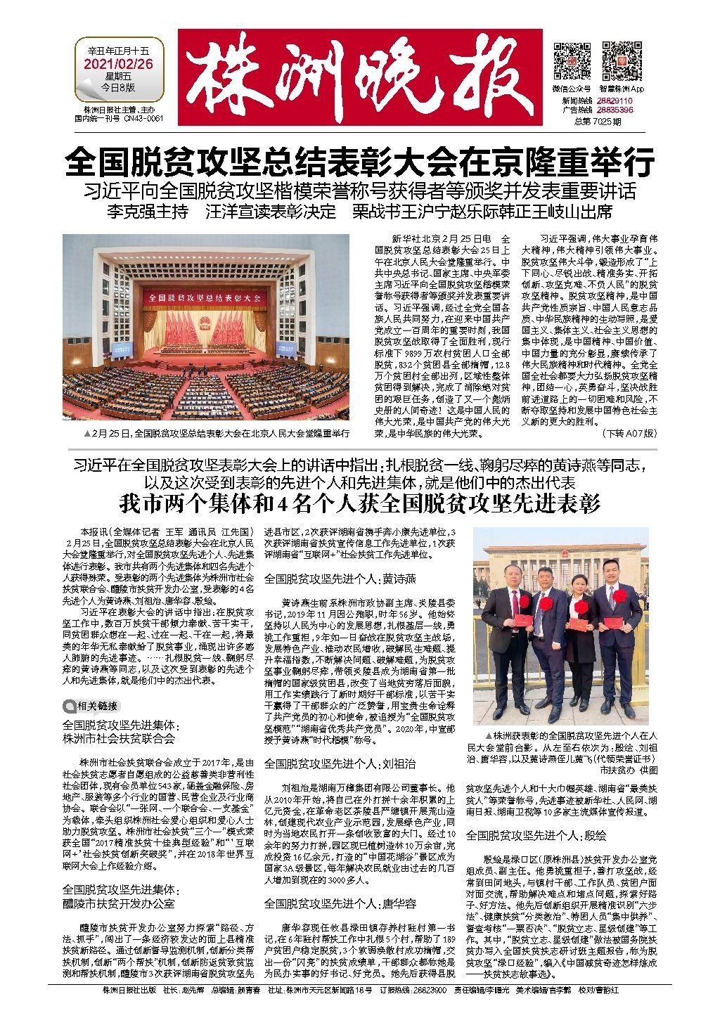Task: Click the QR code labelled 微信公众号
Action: (572, 61)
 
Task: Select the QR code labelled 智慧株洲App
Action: (622, 61)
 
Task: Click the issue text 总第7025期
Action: (598, 121)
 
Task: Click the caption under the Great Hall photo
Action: (216, 433)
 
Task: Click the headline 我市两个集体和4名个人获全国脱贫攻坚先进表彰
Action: (359, 504)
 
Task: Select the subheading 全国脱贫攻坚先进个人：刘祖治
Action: (340, 762)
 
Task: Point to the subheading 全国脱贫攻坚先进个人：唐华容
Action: (340, 903)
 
